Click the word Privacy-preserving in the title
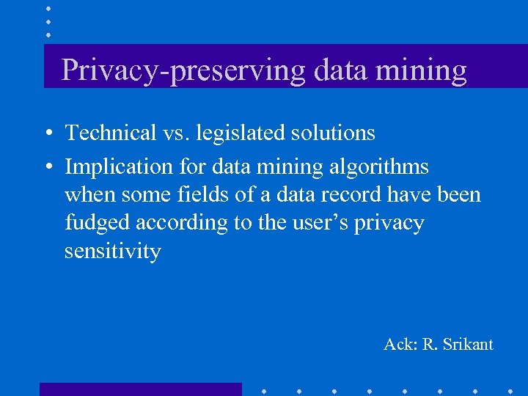coord(183,70)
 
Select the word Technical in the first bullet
coord(111,133)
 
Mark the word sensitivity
coord(112,251)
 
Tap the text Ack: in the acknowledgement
coord(400,344)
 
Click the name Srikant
coord(467,344)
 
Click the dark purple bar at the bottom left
coord(140,389)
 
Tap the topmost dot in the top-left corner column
coord(48,9)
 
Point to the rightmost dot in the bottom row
coord(510,389)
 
